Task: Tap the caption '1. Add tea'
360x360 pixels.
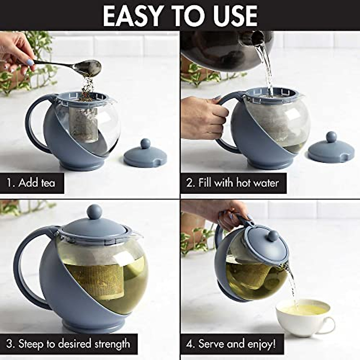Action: click(x=31, y=183)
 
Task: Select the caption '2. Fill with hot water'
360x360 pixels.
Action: click(x=233, y=183)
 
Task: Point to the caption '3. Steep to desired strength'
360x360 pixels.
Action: click(x=68, y=344)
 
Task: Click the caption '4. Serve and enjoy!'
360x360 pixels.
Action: click(x=231, y=344)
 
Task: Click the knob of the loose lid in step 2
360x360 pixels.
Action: click(x=331, y=137)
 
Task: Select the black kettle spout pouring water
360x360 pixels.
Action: click(x=257, y=37)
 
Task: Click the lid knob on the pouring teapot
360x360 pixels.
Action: click(x=273, y=236)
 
